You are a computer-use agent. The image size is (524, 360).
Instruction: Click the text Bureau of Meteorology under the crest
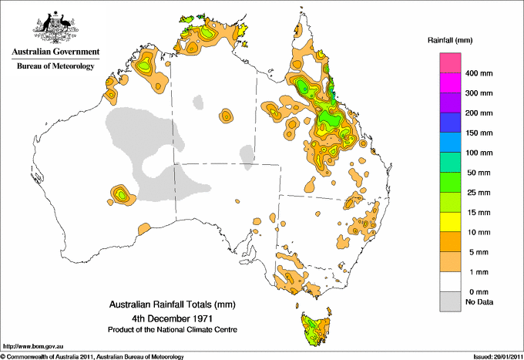tap(55, 66)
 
